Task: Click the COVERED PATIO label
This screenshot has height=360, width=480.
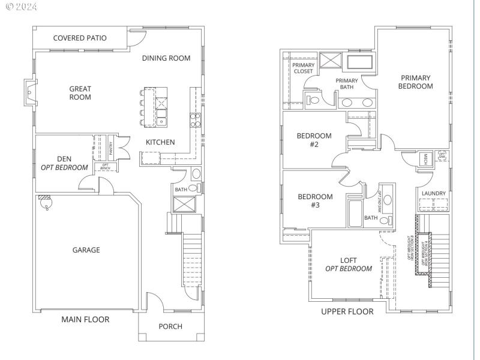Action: tap(80, 38)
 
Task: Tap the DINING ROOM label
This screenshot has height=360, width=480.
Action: tap(166, 58)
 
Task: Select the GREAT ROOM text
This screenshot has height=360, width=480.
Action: tap(80, 93)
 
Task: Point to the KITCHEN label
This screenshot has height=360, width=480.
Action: tap(160, 142)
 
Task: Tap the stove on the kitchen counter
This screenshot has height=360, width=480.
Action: tap(195, 120)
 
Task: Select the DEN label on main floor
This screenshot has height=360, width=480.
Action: tap(64, 159)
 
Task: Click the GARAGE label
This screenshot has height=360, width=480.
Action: tap(86, 250)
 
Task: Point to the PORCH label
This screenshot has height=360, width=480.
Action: tap(170, 326)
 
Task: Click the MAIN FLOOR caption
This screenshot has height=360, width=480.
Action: tap(85, 319)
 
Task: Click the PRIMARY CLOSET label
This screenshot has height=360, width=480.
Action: tap(303, 68)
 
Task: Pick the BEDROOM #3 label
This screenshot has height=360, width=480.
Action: tap(315, 200)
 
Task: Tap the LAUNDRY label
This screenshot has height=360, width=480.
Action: tap(433, 193)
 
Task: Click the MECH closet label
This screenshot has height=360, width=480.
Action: tap(425, 158)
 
